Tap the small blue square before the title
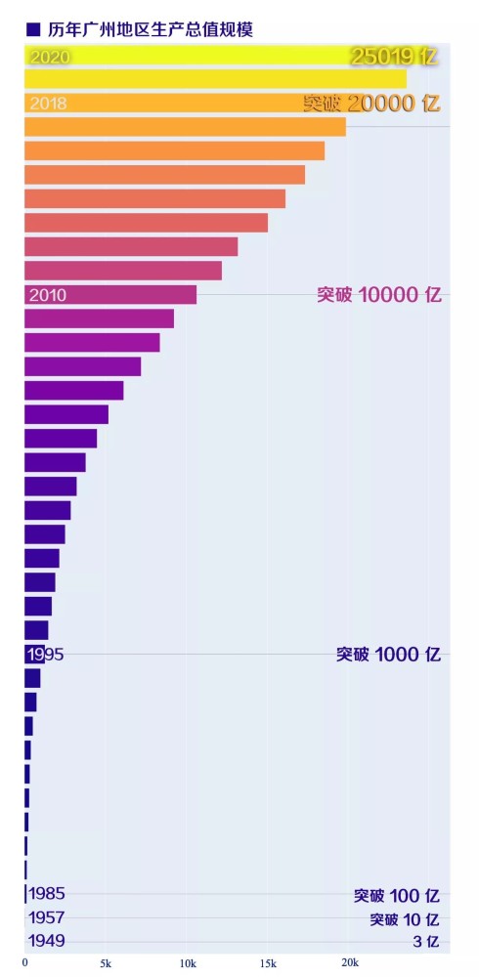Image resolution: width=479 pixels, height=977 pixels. click(33, 30)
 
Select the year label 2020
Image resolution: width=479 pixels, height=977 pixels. click(50, 57)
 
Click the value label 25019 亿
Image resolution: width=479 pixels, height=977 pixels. click(394, 57)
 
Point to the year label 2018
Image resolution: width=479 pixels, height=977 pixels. click(48, 103)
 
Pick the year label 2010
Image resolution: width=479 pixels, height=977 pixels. click(48, 295)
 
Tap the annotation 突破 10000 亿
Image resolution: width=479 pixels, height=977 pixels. click(378, 295)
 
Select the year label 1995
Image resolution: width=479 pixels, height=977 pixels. click(46, 655)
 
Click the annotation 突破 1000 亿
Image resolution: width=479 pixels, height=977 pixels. click(388, 655)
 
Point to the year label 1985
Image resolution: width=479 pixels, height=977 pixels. click(47, 893)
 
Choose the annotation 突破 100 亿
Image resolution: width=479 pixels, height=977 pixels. click(396, 895)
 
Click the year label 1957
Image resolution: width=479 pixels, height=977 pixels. click(47, 917)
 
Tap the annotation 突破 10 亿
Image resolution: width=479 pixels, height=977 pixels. click(404, 919)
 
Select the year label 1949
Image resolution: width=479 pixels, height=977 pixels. click(47, 942)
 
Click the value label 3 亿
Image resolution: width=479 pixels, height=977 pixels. click(425, 943)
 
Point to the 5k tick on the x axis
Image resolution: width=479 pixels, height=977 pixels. click(106, 962)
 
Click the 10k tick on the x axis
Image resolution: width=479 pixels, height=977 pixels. click(187, 962)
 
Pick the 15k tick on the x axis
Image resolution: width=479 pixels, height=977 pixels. click(268, 962)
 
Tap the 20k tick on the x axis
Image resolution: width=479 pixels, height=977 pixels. click(349, 962)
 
